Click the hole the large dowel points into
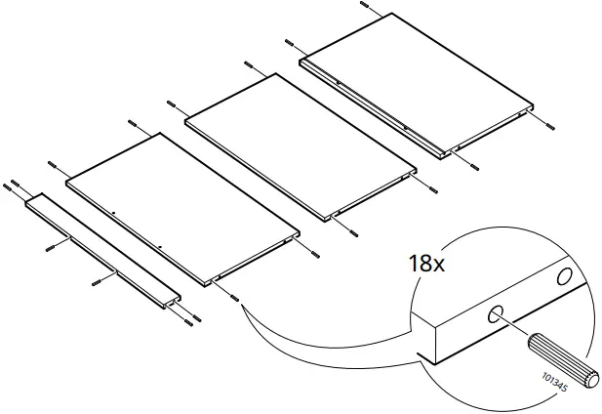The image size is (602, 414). (496, 314)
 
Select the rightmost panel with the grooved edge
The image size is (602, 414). (420, 83)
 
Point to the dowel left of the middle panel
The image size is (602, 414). (172, 103)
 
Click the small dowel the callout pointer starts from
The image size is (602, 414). (235, 299)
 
